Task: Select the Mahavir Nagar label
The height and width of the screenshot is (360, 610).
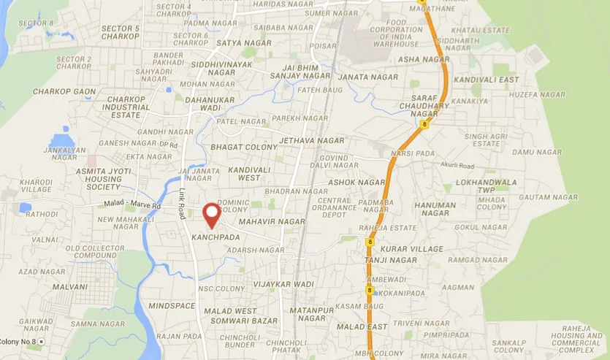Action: click(272, 221)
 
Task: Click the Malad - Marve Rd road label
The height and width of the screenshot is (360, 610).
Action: click(129, 206)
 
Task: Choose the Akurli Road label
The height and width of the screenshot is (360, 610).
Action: click(457, 165)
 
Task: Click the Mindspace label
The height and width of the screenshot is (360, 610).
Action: click(172, 305)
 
